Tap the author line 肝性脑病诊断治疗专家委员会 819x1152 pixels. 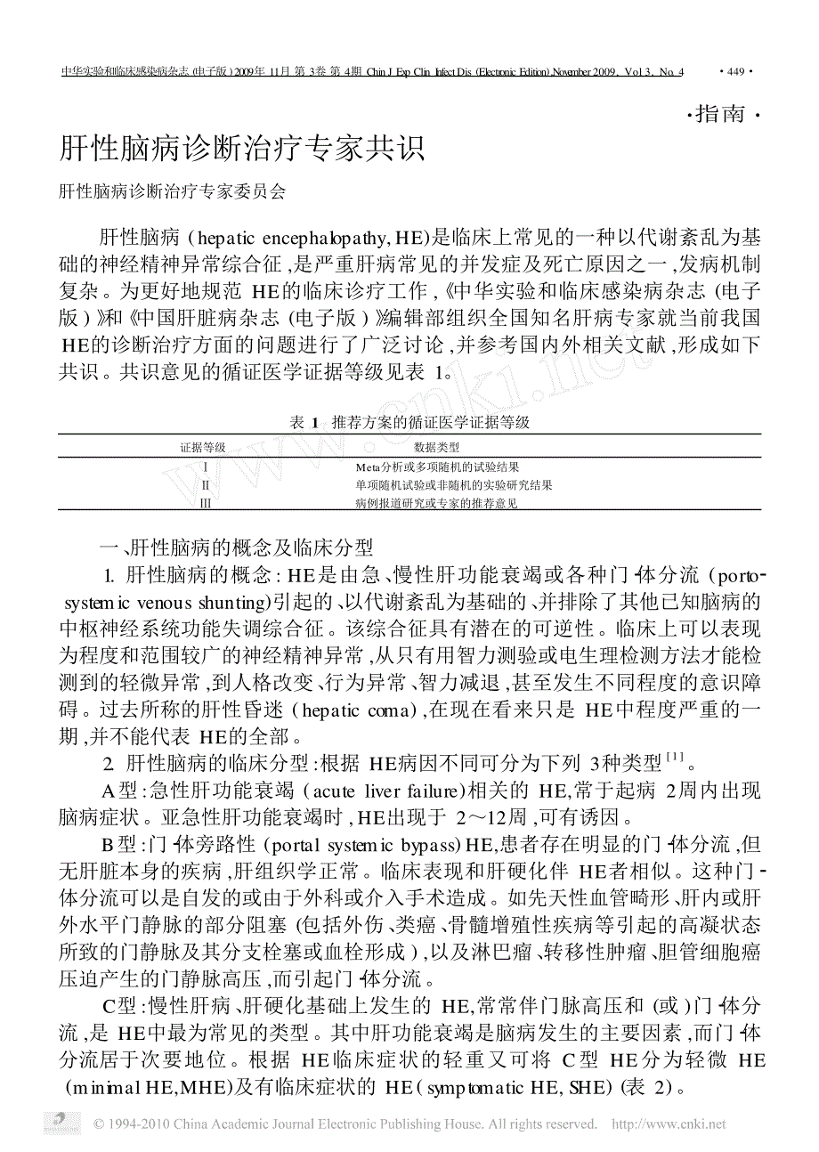[x=172, y=191]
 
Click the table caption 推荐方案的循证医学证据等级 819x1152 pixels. [x=430, y=422]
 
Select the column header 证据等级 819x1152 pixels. [x=204, y=447]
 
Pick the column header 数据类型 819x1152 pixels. [x=437, y=447]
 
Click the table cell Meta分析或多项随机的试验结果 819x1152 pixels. [x=437, y=466]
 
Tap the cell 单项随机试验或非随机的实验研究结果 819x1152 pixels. [x=453, y=485]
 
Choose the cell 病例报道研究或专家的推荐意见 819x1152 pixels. [x=436, y=503]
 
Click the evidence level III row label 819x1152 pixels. [x=206, y=503]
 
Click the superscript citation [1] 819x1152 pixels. [x=674, y=758]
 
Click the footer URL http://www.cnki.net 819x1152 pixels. [x=669, y=1124]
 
